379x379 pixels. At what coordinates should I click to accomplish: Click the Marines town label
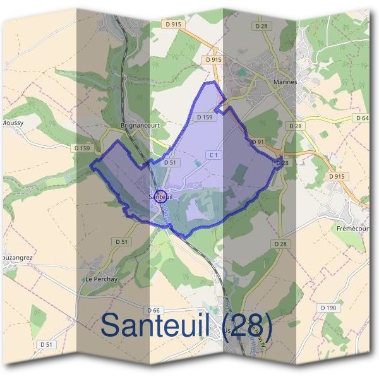pyautogui.click(x=286, y=82)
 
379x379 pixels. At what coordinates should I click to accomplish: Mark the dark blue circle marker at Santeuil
pyautogui.click(x=160, y=196)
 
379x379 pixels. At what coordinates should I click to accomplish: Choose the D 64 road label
pyautogui.click(x=362, y=118)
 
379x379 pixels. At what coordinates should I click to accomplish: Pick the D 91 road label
pyautogui.click(x=258, y=142)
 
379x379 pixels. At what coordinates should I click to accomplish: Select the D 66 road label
pyautogui.click(x=153, y=310)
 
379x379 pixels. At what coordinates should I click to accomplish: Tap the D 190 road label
pyautogui.click(x=327, y=308)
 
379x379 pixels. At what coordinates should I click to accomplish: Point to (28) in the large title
pyautogui.click(x=246, y=326)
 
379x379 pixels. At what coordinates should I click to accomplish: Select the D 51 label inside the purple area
pyautogui.click(x=169, y=162)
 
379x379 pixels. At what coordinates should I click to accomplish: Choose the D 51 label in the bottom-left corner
pyautogui.click(x=45, y=344)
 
